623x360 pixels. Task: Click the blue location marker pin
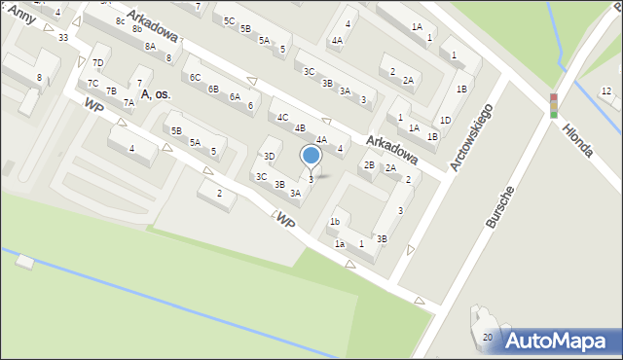[x=311, y=156]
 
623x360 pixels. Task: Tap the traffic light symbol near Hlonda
[x=554, y=106]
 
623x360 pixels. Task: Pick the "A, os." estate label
[x=156, y=93]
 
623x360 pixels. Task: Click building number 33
[x=63, y=37]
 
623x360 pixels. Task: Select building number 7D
[x=97, y=63]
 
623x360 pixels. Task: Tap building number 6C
[x=195, y=77]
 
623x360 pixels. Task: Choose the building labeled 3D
[x=270, y=156]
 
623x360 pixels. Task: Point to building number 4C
[x=282, y=117]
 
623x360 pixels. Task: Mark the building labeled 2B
[x=369, y=164]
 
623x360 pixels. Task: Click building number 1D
[x=445, y=120]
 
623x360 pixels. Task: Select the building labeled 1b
[x=334, y=221]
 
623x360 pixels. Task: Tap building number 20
[x=488, y=337]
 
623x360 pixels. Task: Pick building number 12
[x=605, y=90]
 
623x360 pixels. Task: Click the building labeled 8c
[x=120, y=20]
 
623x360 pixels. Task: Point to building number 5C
[x=229, y=20]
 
